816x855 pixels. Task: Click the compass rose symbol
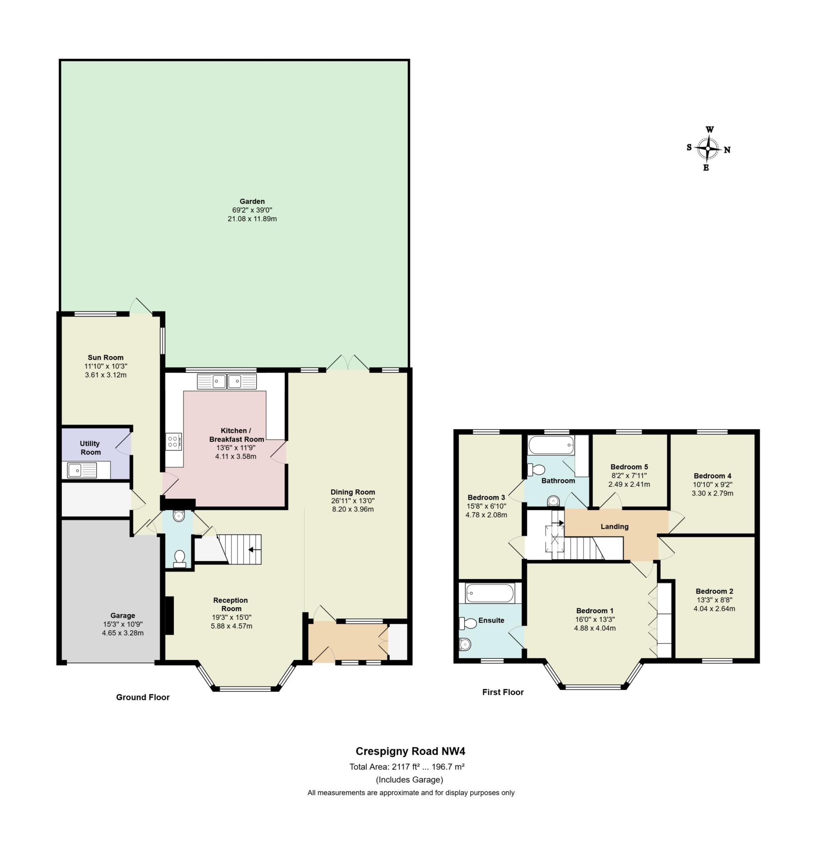click(x=708, y=149)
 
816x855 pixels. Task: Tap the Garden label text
click(x=252, y=202)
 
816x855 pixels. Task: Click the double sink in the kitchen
click(x=227, y=381)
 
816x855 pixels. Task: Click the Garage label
click(x=123, y=615)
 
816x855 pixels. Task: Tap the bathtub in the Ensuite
click(x=490, y=593)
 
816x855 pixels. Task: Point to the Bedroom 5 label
click(x=629, y=467)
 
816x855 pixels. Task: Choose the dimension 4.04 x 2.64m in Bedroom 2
click(x=714, y=608)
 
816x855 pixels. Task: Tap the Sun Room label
click(x=106, y=357)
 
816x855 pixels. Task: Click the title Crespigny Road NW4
click(x=410, y=751)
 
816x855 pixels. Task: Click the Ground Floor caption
click(x=143, y=697)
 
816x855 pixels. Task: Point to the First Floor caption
click(x=503, y=692)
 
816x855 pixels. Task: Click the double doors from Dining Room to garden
click(x=348, y=364)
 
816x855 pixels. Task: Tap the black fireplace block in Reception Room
click(x=169, y=615)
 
